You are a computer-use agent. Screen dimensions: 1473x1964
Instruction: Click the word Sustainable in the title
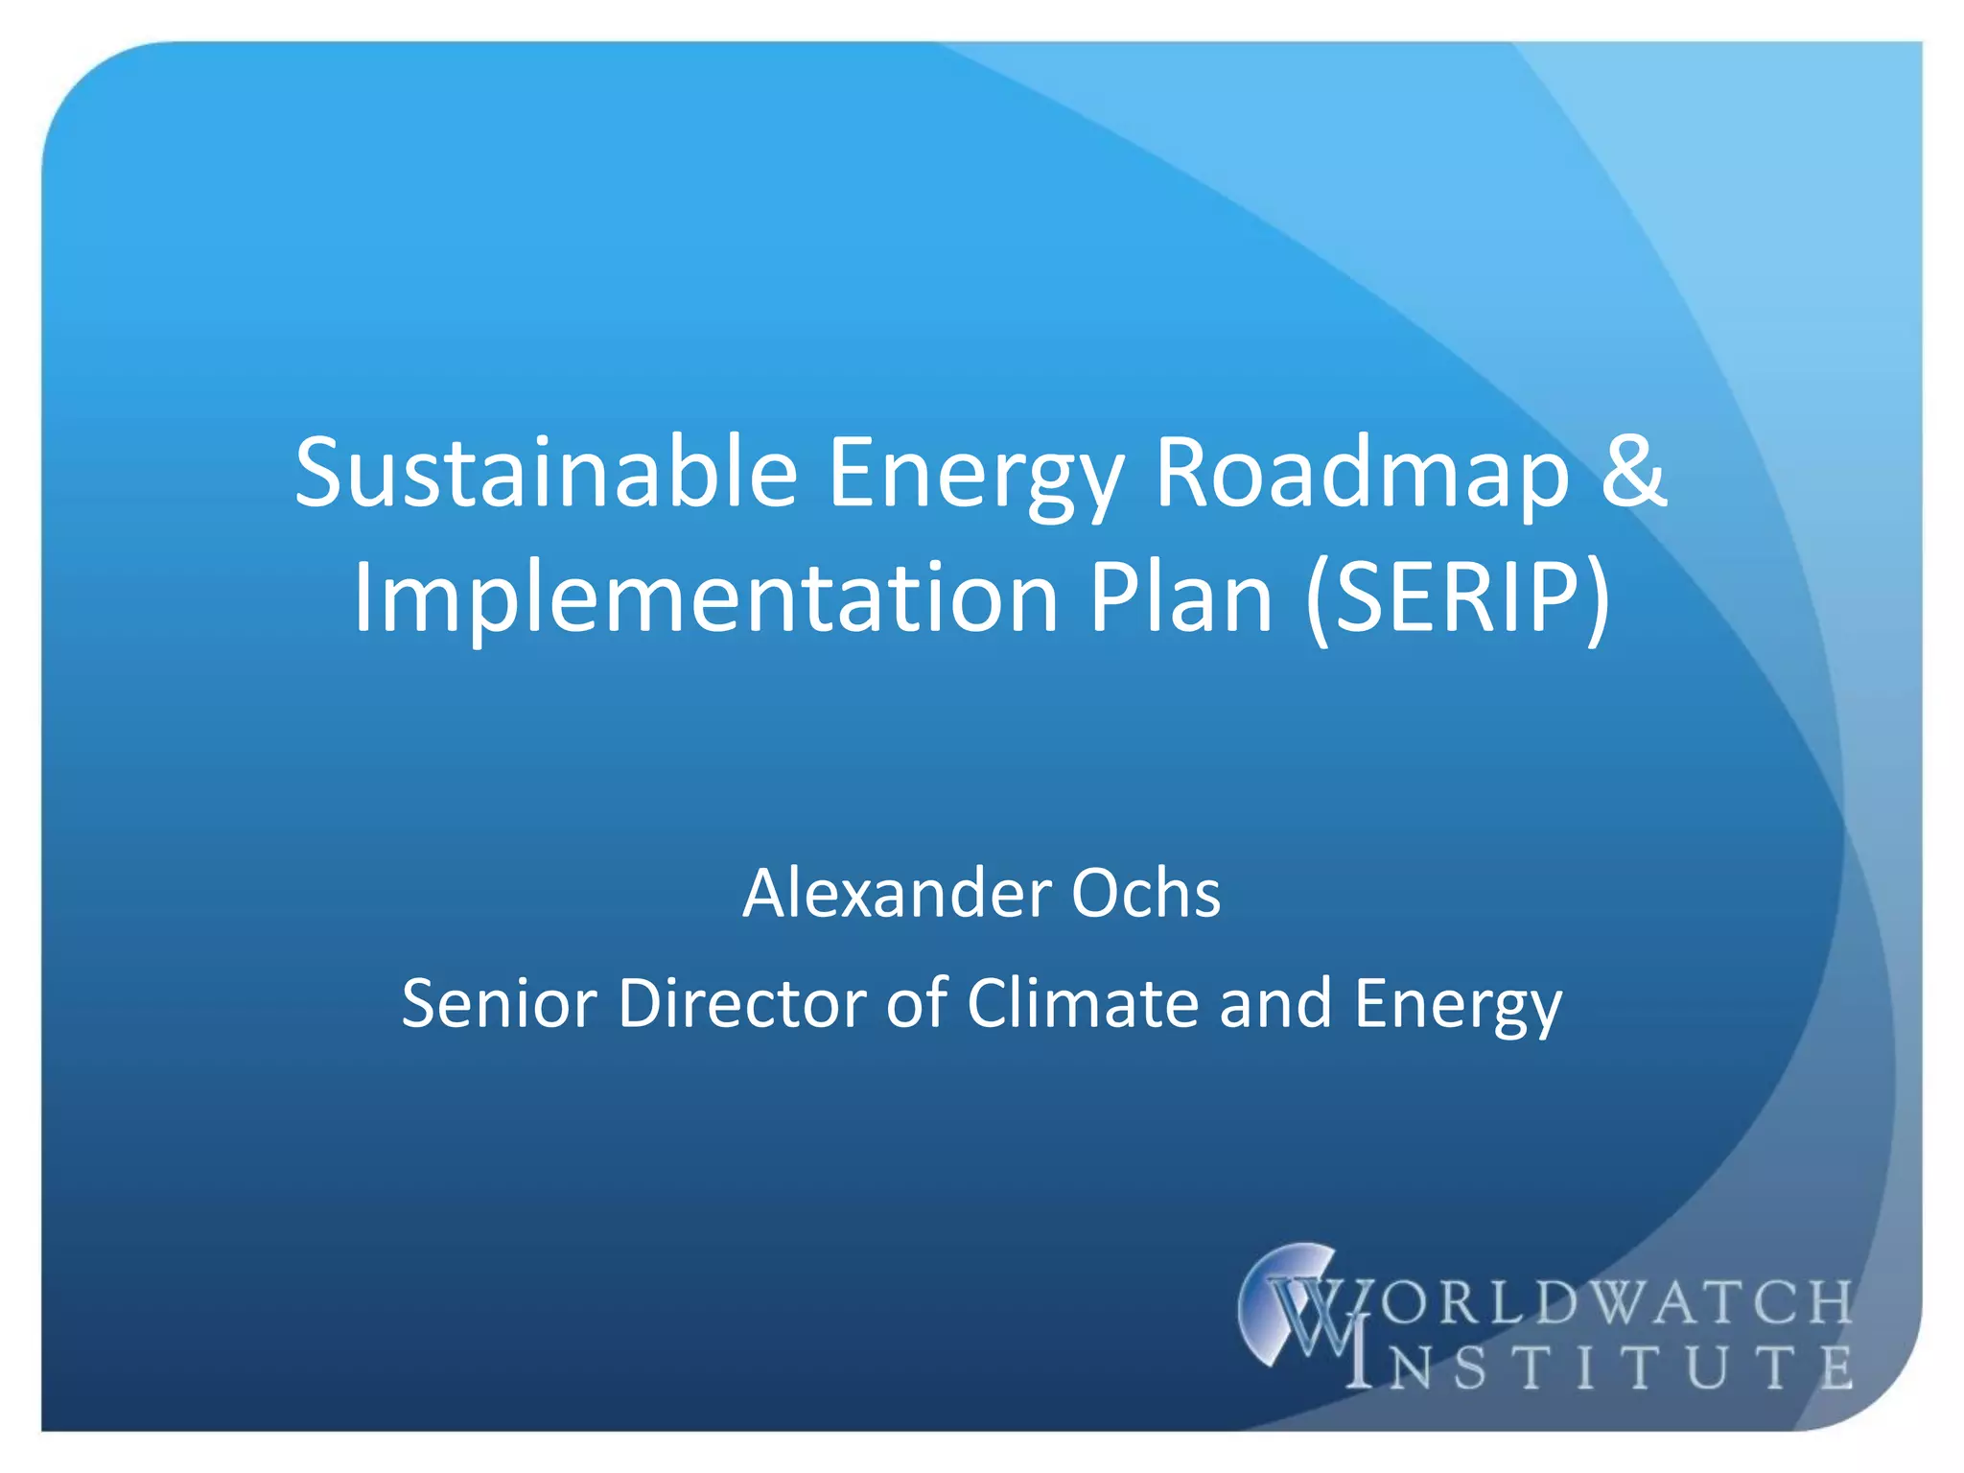coord(546,473)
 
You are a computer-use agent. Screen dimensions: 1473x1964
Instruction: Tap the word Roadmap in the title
coord(1362,473)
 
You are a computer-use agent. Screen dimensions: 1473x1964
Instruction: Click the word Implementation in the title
coord(705,598)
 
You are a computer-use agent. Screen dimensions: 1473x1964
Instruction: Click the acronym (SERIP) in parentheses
coord(1458,598)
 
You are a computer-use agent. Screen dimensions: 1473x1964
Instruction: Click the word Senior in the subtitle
coord(499,1004)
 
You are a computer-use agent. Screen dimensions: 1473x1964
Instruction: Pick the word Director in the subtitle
coord(741,1004)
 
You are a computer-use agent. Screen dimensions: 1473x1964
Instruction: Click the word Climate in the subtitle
coord(1083,1004)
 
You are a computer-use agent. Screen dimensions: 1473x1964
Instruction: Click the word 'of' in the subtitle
coord(915,1004)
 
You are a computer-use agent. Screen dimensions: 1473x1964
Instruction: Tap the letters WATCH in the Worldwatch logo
coord(1717,1302)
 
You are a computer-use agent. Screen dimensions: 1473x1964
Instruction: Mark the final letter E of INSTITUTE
coord(1835,1367)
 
